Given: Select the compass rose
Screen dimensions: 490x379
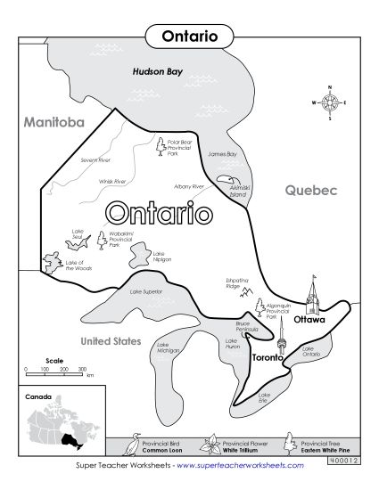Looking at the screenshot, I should pos(330,102).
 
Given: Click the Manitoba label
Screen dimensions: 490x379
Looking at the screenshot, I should pos(54,120).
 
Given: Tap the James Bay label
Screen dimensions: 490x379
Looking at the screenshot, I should pos(222,154).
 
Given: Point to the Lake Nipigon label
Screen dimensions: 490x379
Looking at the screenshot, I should pos(159,257).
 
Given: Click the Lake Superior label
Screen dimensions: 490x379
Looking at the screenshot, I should pos(147,292).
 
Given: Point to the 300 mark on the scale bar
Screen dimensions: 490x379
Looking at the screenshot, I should pos(82,369).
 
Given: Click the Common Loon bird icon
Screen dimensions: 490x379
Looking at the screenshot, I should pos(136,443).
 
